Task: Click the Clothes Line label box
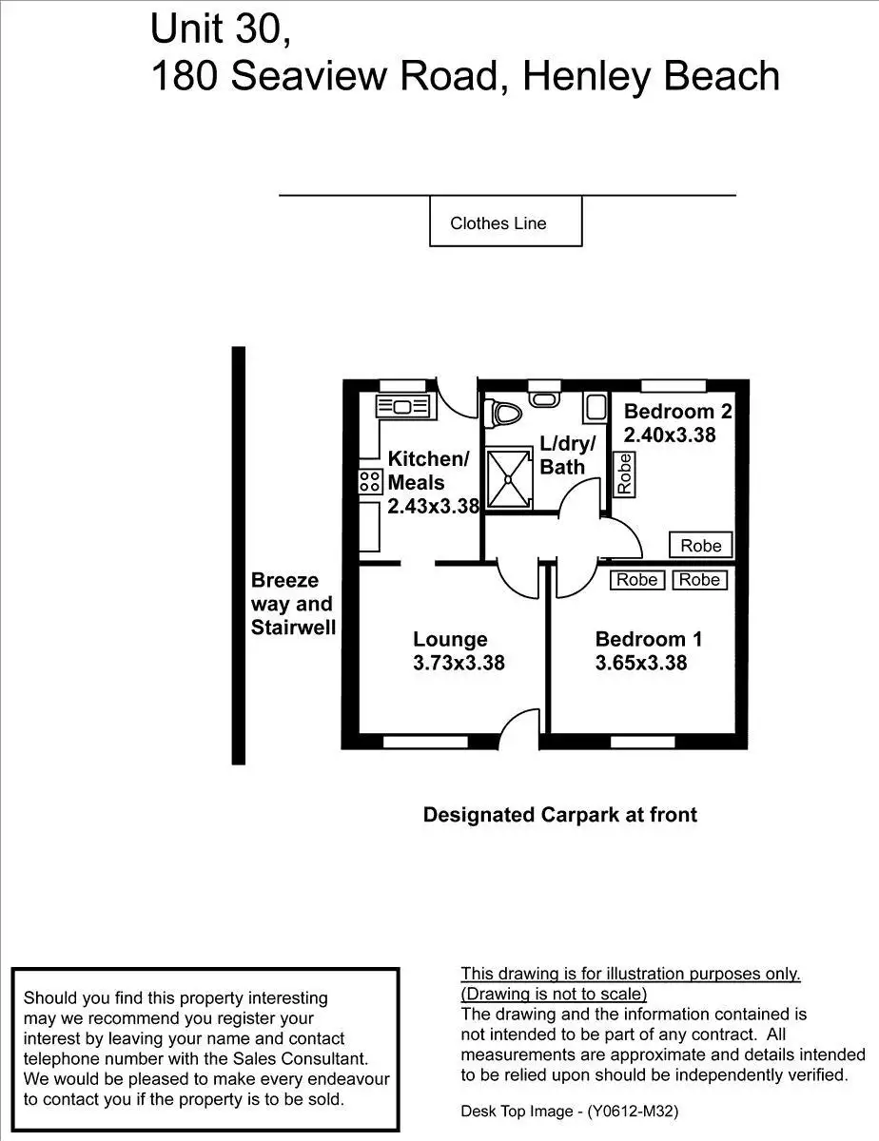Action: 505,222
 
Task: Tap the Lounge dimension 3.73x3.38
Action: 459,663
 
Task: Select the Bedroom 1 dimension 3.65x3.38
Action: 640,663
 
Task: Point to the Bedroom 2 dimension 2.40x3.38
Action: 669,435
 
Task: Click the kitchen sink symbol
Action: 404,407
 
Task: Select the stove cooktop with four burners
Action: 369,481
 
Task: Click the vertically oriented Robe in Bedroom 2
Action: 624,474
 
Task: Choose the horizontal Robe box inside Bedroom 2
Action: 701,546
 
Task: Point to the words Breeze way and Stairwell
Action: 292,604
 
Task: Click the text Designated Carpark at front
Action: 559,815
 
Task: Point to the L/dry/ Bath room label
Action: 567,454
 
